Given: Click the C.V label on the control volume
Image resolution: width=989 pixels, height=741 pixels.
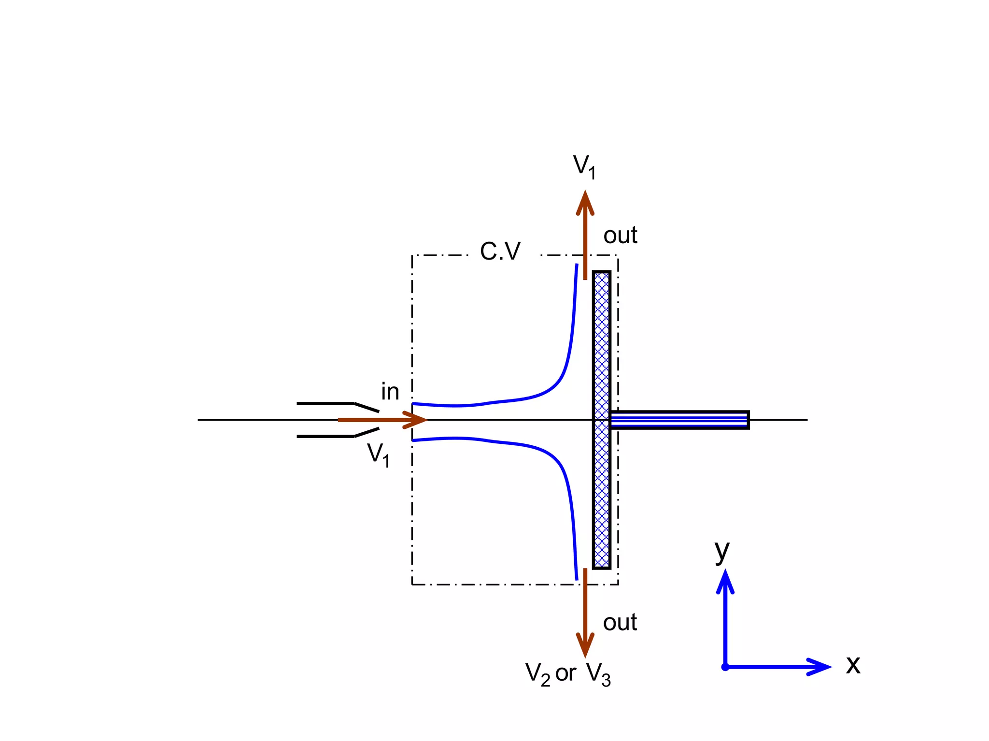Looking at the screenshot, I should (500, 251).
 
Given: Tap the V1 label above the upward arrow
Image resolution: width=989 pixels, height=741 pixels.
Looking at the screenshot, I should (584, 166).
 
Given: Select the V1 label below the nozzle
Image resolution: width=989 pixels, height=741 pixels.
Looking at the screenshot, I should (378, 454).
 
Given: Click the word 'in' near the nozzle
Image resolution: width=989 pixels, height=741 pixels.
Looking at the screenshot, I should (390, 392).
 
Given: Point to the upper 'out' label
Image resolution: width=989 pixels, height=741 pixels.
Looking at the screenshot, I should (620, 235).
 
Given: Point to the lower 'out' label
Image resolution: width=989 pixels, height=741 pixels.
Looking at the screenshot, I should (620, 622).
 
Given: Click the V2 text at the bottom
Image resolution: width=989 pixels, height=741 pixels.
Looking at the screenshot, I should (537, 674).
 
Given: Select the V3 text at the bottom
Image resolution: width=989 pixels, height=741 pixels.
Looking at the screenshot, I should (599, 674).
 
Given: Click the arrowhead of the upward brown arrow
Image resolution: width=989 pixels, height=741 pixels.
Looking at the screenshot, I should (585, 203).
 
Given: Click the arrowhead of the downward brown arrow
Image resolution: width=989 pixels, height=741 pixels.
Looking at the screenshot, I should (585, 645).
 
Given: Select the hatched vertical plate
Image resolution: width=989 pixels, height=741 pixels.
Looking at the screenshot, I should (601, 420).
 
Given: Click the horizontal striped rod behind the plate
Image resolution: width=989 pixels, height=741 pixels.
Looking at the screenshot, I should (679, 420).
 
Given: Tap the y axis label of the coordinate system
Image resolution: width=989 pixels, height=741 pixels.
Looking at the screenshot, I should (722, 551).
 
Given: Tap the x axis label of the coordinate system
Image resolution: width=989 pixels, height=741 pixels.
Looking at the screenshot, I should (853, 665).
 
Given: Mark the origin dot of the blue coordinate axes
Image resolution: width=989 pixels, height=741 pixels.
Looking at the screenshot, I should (725, 667).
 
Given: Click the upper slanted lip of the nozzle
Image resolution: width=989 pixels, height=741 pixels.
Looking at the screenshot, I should (367, 407).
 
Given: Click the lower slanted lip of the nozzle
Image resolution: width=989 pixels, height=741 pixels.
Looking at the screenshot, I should (367, 432).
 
